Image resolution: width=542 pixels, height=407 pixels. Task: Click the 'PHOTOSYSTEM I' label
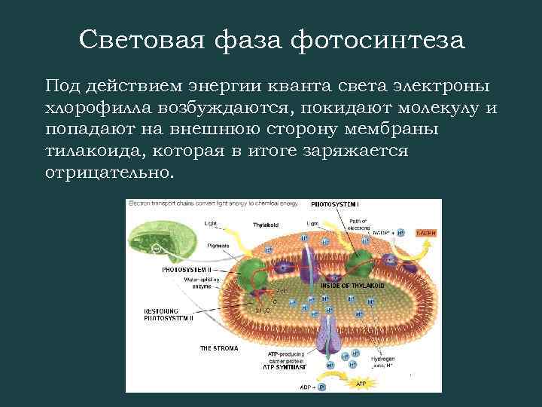tap(335, 204)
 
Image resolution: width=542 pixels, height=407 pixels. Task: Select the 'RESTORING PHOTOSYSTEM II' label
tap(169, 314)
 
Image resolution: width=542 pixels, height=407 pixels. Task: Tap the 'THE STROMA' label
tap(219, 348)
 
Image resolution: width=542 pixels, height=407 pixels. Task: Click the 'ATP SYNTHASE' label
tap(285, 368)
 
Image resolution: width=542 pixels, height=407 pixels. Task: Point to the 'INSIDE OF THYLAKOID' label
tap(353, 286)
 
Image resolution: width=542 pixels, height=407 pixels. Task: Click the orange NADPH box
tap(425, 233)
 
